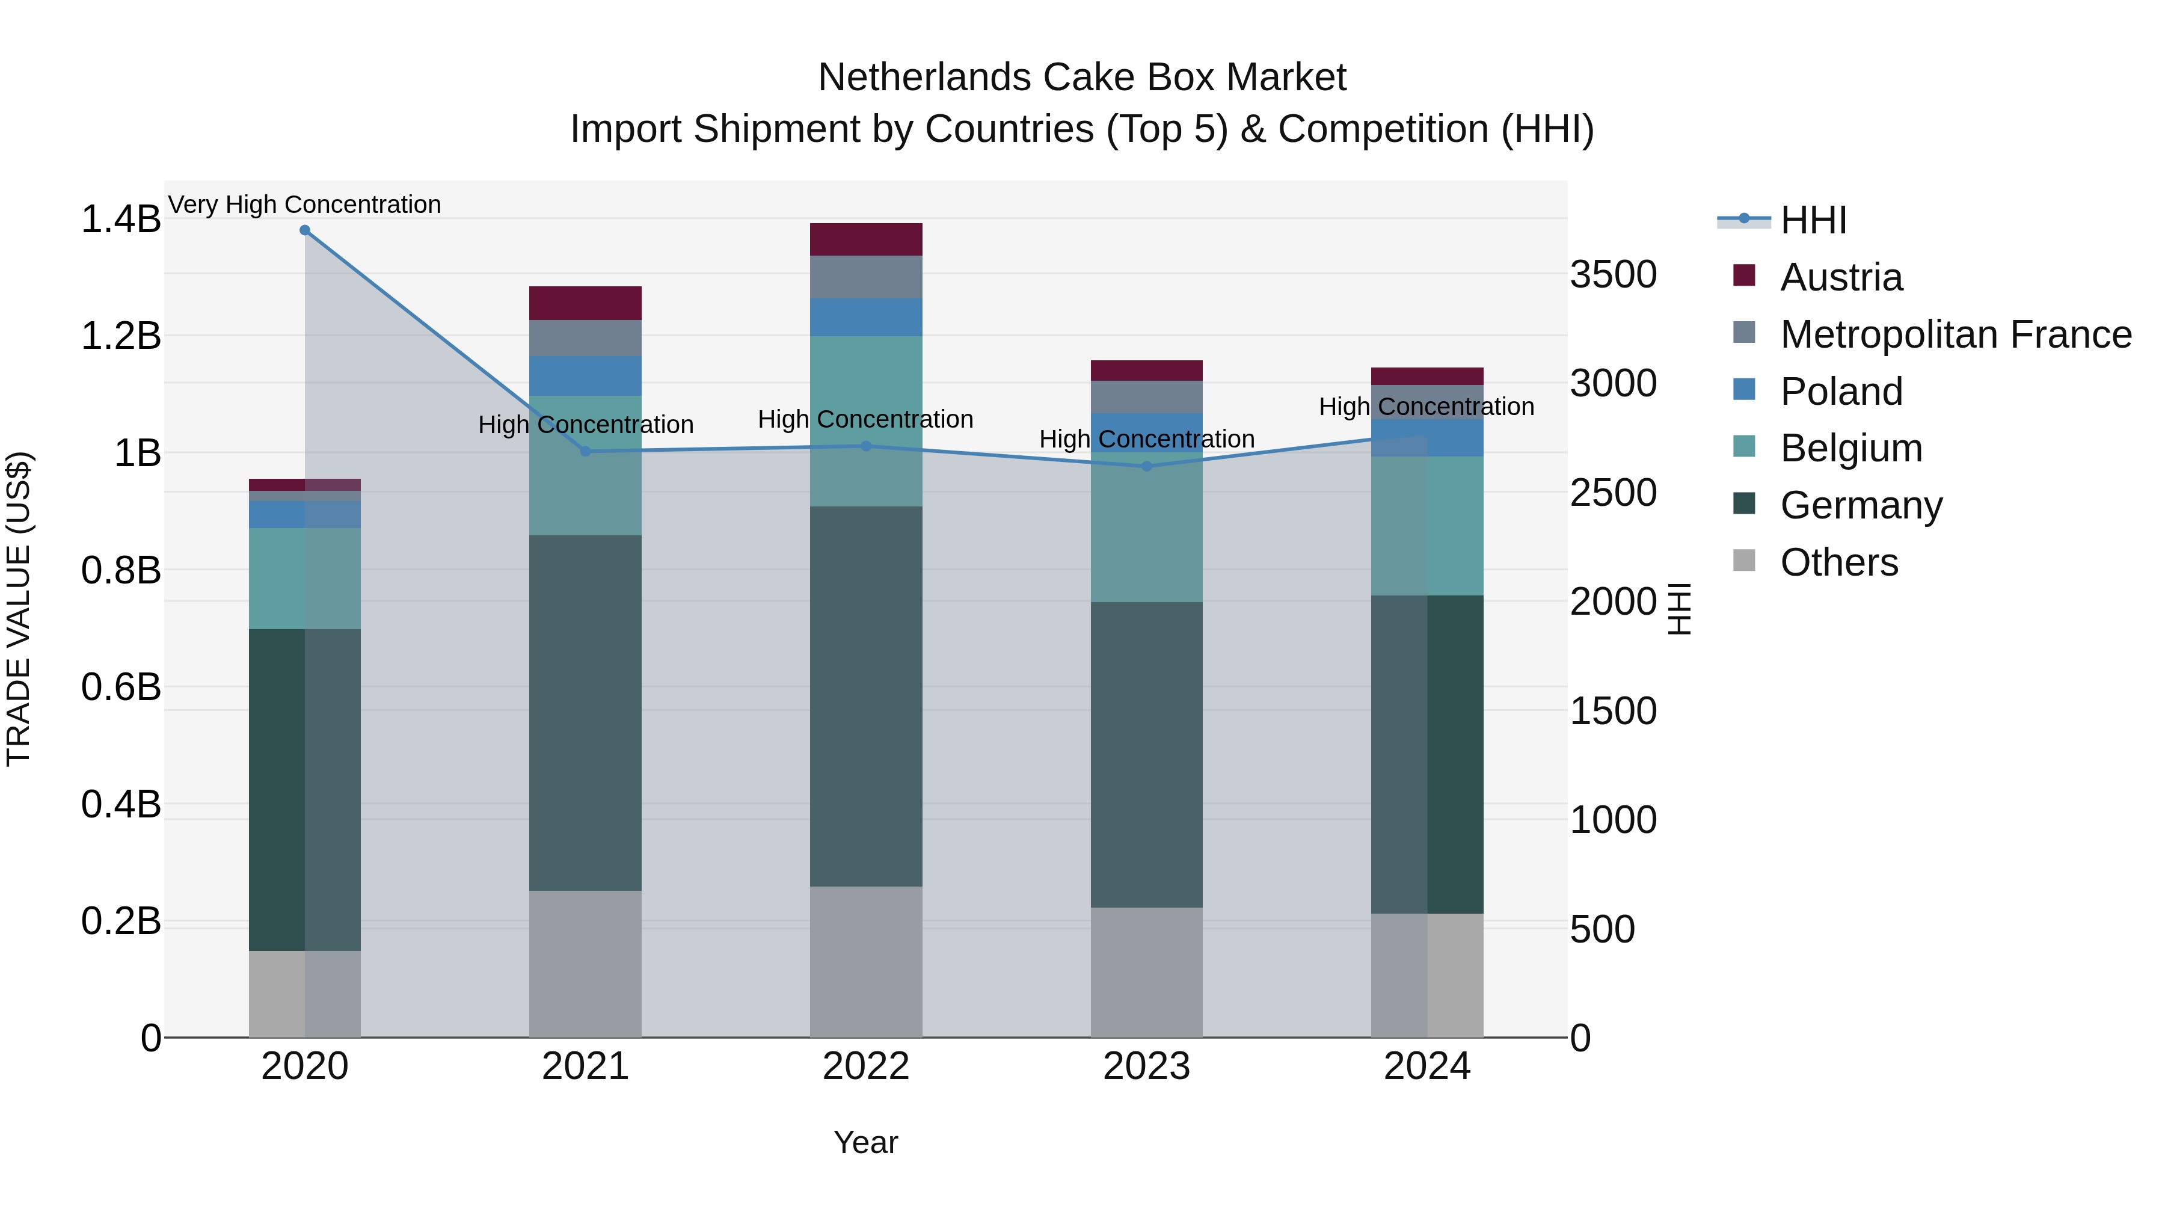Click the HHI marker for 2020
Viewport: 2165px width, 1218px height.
click(x=305, y=230)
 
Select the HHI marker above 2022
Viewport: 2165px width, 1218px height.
click(x=867, y=446)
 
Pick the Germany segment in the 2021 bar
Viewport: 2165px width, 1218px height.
click(x=585, y=713)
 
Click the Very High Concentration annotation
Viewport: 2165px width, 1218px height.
click(x=304, y=205)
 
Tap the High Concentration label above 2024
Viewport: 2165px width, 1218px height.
click(x=1426, y=407)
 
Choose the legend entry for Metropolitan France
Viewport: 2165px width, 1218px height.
click(x=1955, y=334)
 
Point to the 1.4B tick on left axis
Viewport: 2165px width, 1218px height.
click(x=120, y=220)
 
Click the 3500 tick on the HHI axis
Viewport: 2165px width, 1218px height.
click(x=1613, y=275)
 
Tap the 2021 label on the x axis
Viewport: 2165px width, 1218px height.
click(x=585, y=1066)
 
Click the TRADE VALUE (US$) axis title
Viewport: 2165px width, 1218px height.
click(x=19, y=609)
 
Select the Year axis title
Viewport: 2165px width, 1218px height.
click(x=865, y=1142)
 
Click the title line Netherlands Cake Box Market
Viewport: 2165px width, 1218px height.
click(x=1082, y=78)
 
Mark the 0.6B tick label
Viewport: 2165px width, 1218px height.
click(x=120, y=687)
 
